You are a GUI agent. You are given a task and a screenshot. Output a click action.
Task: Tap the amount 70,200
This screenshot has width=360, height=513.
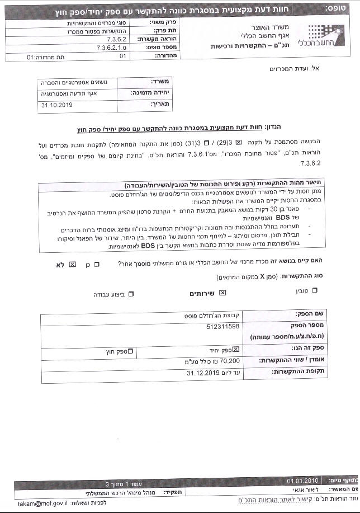point(226,361)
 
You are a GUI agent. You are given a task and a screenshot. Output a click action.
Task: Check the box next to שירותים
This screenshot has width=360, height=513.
point(222,293)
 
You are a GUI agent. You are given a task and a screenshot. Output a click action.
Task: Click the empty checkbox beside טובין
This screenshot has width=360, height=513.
point(314,290)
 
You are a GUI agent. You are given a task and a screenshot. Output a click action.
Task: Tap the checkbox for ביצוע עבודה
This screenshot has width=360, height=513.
point(131,294)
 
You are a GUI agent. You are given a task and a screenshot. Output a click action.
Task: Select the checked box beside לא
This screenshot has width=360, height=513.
point(72,264)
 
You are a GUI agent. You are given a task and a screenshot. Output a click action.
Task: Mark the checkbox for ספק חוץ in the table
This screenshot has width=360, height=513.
point(130,351)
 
